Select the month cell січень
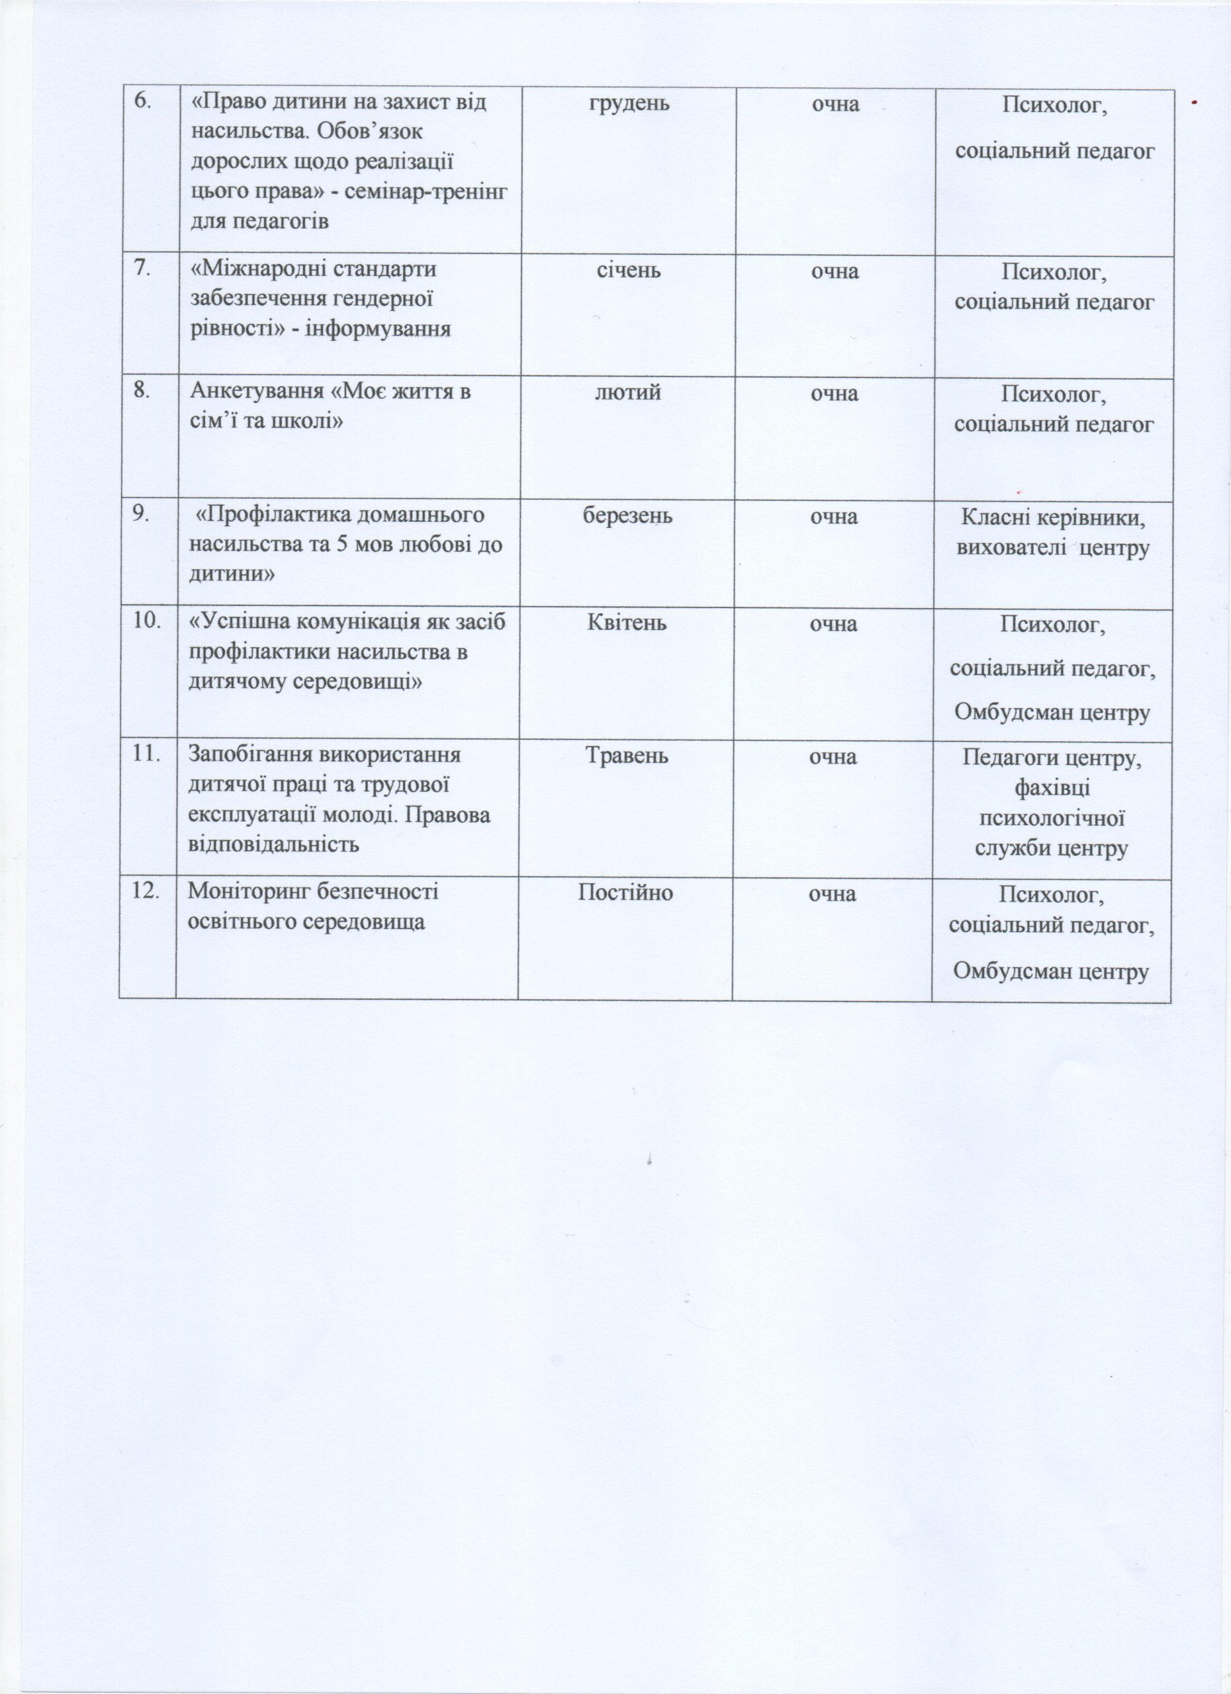click(x=628, y=271)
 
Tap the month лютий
click(x=627, y=393)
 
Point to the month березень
click(x=628, y=516)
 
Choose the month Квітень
click(x=627, y=624)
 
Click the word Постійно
click(x=626, y=893)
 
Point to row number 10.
click(x=147, y=622)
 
